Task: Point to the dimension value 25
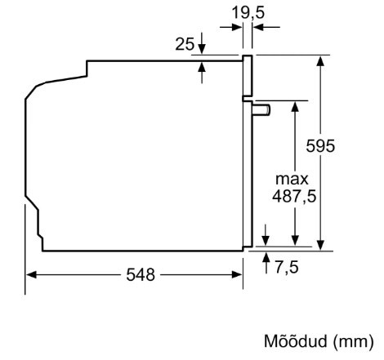(185, 44)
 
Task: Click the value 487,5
(292, 196)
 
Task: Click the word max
(292, 179)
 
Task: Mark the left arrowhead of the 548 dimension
(31, 275)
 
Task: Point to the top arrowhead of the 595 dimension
(320, 61)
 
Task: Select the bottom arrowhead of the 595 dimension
(320, 242)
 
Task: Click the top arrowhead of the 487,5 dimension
(292, 107)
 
